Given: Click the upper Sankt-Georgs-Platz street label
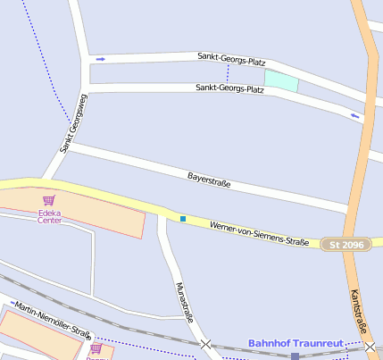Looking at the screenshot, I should pos(231,60).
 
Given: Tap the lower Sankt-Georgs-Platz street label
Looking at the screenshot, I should pos(229,88).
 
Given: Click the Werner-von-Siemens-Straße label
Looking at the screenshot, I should pos(259,234).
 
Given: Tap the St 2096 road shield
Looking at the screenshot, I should pos(346,245).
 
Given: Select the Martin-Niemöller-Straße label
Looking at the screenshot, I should pos(53,319).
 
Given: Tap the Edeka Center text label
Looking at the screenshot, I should pos(49,216).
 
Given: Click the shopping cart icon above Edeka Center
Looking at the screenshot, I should pos(49,200).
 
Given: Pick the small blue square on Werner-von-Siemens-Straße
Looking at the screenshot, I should pos(182,218).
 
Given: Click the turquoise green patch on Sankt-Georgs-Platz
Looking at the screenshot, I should pos(280,80).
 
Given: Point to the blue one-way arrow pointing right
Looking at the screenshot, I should pos(101,59).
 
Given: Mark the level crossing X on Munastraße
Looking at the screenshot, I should pos(206,344).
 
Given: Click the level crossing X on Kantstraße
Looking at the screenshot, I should pos(370,346).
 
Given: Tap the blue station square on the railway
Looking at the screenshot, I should pos(295,356).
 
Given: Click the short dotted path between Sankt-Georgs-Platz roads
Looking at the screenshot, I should pos(228,74).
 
